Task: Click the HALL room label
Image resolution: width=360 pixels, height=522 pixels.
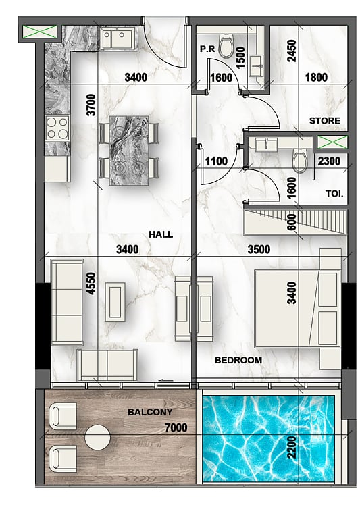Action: tap(161, 234)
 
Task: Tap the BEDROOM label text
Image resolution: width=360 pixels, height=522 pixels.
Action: tap(238, 360)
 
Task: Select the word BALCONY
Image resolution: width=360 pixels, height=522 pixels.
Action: tap(150, 412)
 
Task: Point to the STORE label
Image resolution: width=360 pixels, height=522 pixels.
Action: tap(325, 120)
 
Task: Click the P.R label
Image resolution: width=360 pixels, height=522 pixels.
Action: tap(207, 49)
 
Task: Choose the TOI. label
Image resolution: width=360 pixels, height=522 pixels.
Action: tap(334, 194)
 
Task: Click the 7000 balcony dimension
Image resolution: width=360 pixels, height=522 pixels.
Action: tap(176, 427)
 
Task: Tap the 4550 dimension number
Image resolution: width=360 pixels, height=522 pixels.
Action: tap(91, 284)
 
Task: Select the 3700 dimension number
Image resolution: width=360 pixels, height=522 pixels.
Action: tap(91, 105)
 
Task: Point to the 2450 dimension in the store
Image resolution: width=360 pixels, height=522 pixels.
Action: tap(291, 51)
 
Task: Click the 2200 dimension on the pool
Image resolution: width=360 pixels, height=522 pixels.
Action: tap(291, 447)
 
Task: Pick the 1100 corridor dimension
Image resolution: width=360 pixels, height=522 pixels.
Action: tap(216, 161)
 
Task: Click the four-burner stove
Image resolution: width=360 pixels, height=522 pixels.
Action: tap(57, 128)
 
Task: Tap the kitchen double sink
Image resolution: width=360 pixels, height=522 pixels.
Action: tap(118, 38)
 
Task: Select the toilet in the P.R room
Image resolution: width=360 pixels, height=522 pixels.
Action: tap(226, 46)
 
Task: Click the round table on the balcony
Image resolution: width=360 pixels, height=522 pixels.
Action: tap(97, 437)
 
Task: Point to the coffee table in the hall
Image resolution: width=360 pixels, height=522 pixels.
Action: tap(115, 302)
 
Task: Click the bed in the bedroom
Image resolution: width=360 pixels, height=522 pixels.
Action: tap(297, 309)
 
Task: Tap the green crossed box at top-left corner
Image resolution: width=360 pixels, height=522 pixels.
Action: tap(40, 32)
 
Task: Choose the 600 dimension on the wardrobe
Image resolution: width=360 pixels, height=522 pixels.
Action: tap(291, 222)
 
